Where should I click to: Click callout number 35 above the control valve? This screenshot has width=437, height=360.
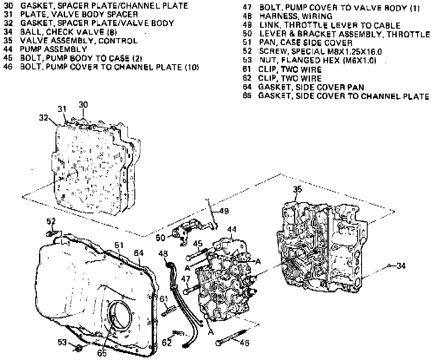click(297, 189)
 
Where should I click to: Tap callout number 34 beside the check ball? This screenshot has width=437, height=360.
click(401, 266)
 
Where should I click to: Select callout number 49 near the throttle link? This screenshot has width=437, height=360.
click(223, 211)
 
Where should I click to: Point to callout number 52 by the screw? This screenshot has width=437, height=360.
click(52, 222)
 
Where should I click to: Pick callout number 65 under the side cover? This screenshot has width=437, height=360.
click(101, 353)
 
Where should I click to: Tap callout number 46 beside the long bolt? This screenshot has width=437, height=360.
click(245, 342)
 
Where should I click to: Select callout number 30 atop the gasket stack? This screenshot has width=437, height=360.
click(83, 104)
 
